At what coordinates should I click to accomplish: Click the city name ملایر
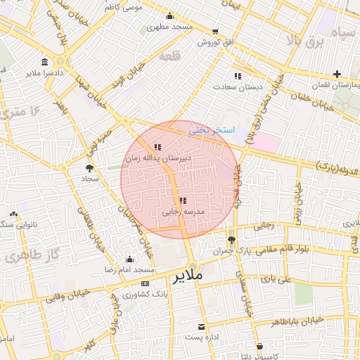pyautogui.click(x=187, y=276)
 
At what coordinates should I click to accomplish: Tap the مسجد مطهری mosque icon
pyautogui.click(x=169, y=17)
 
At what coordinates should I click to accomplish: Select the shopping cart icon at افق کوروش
pyautogui.click(x=215, y=32)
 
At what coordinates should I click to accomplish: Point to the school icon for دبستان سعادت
pyautogui.click(x=238, y=75)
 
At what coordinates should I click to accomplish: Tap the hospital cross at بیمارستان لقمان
pyautogui.click(x=337, y=74)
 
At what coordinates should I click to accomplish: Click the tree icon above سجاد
pyautogui.click(x=89, y=168)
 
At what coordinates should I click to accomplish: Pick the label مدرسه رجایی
pyautogui.click(x=183, y=211)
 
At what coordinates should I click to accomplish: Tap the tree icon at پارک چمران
pyautogui.click(x=232, y=240)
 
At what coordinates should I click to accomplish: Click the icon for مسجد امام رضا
pyautogui.click(x=129, y=259)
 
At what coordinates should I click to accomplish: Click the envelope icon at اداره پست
pyautogui.click(x=202, y=327)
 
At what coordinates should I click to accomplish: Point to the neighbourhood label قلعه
pyautogui.click(x=171, y=56)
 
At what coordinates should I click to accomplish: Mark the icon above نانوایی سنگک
pyautogui.click(x=13, y=214)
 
